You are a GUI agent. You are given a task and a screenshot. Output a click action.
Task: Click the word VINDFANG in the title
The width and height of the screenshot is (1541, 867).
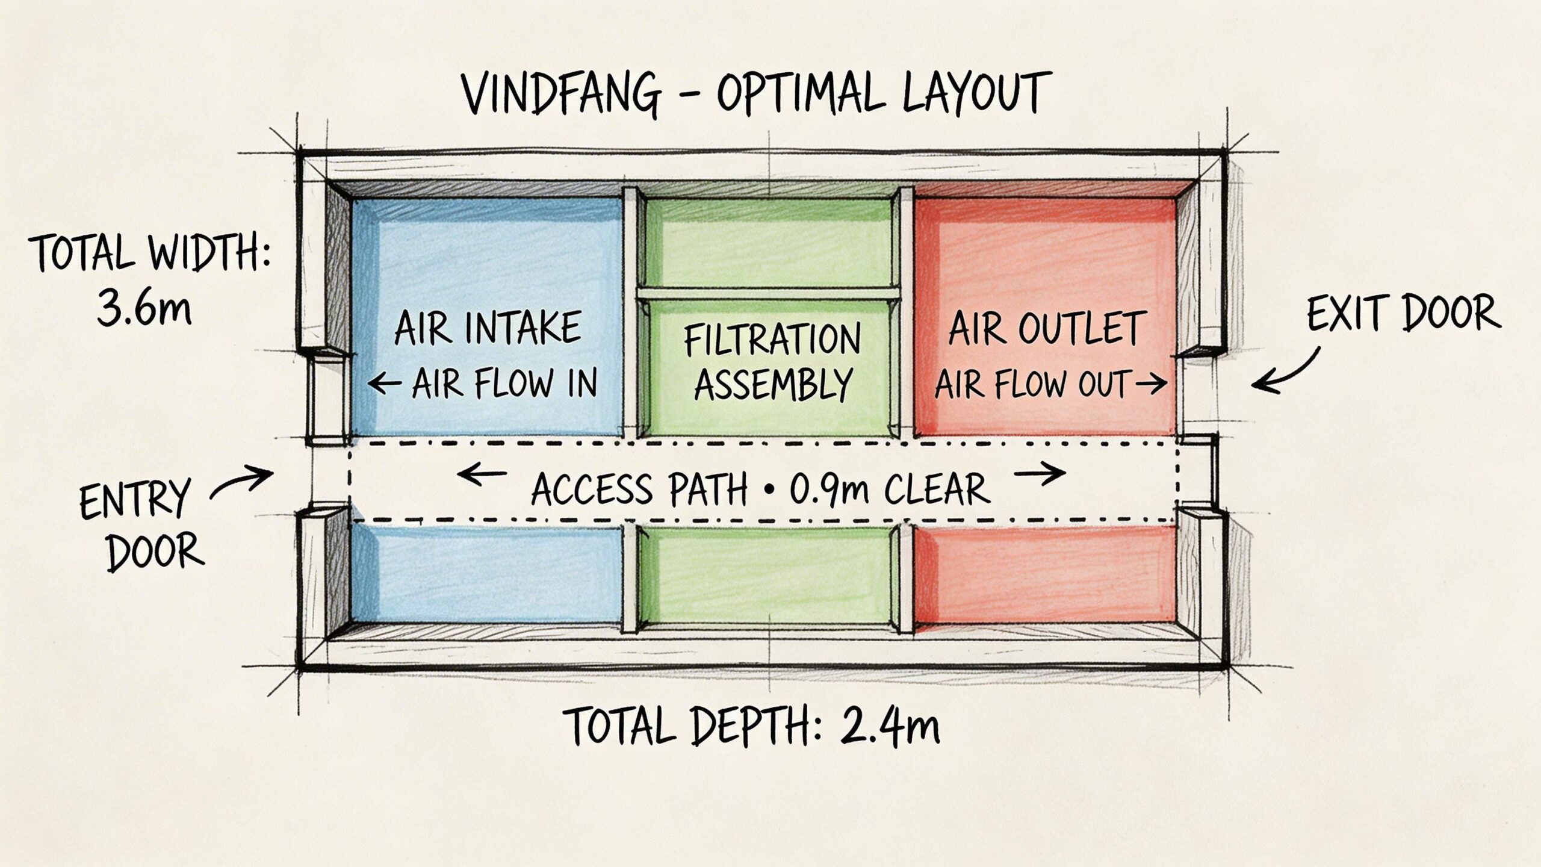[x=560, y=95]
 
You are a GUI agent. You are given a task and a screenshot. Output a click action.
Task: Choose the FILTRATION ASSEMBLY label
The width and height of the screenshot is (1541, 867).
[x=773, y=362]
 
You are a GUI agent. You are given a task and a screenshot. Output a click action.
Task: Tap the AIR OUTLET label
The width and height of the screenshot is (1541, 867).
[x=1046, y=329]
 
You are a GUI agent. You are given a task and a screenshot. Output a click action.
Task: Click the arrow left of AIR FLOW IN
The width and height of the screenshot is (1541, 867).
[x=384, y=382]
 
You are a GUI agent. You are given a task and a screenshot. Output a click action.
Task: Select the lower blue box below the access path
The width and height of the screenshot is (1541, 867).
[x=486, y=573]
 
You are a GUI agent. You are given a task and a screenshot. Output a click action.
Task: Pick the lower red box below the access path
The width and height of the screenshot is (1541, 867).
[x=1045, y=573]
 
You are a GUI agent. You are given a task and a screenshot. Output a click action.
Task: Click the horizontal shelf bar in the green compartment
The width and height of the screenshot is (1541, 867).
[x=768, y=293]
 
